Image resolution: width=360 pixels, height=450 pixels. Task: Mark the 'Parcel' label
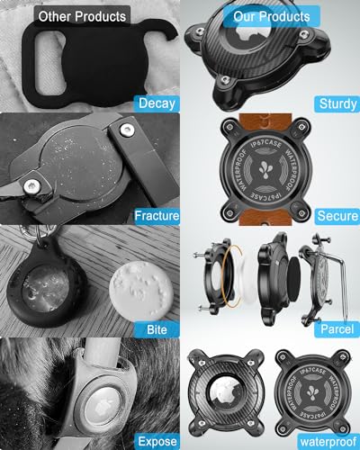337,329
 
